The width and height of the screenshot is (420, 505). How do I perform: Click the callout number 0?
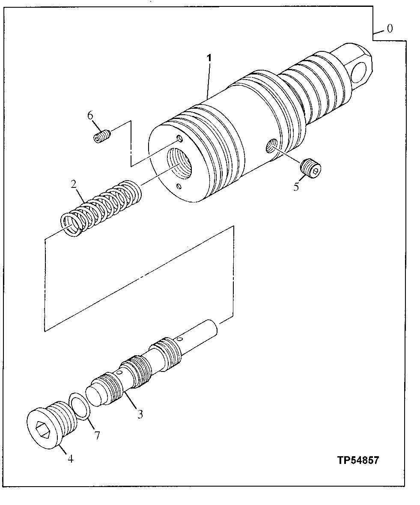(389, 29)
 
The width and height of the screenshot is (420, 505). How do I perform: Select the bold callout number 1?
(209, 58)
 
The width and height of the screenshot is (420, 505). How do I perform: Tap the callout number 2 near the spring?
(74, 184)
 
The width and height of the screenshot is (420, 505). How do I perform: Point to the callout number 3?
(140, 414)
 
